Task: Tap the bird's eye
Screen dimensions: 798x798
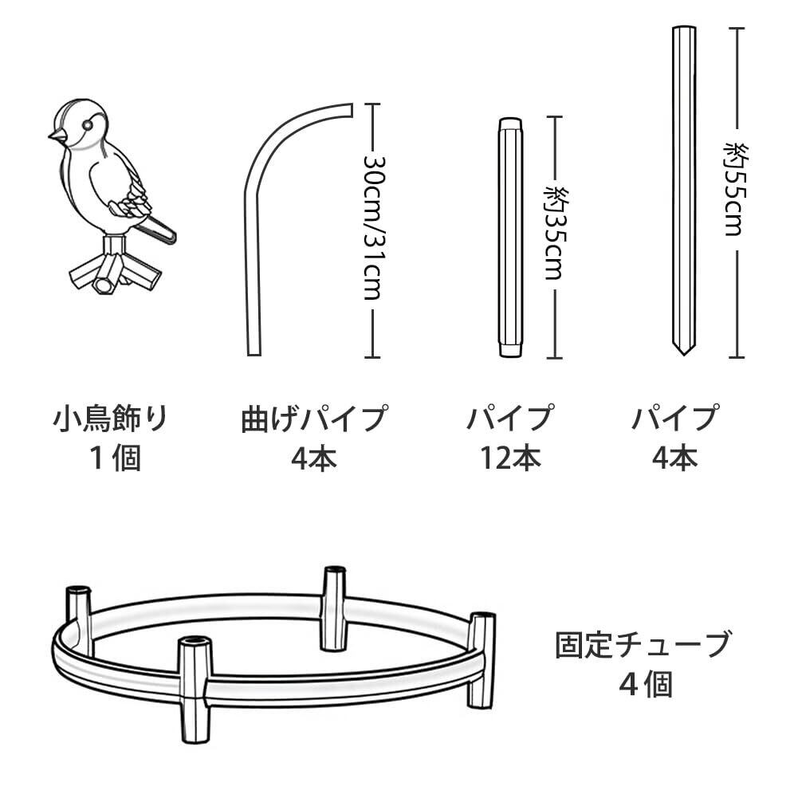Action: (x=86, y=124)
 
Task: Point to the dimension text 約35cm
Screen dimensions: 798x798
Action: (x=555, y=232)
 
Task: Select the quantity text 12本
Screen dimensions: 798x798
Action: (x=510, y=458)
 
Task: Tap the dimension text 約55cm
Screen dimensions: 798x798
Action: (x=735, y=188)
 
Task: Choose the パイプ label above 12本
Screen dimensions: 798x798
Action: (x=510, y=419)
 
